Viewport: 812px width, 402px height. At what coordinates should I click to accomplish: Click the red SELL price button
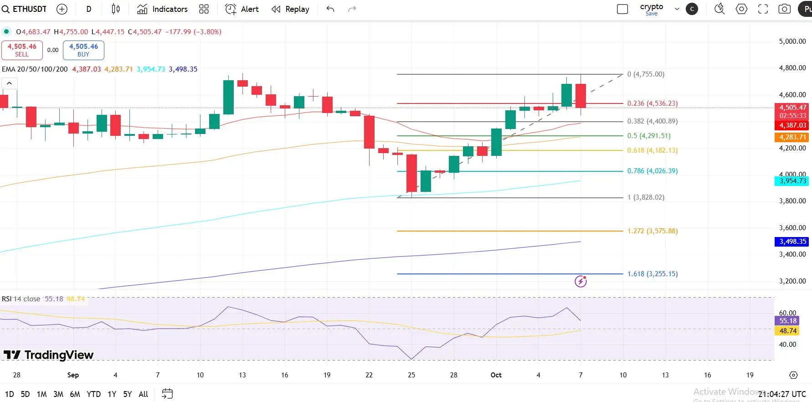pyautogui.click(x=22, y=50)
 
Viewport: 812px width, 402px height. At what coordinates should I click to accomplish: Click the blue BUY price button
pyautogui.click(x=83, y=50)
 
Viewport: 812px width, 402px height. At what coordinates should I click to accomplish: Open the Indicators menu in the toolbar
pyautogui.click(x=162, y=9)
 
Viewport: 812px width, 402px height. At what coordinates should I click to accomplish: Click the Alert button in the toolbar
pyautogui.click(x=242, y=9)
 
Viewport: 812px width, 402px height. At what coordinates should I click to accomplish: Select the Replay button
pyautogui.click(x=290, y=9)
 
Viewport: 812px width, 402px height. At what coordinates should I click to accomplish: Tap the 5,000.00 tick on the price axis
pyautogui.click(x=792, y=41)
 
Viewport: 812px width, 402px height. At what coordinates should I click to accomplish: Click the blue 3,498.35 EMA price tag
pyautogui.click(x=792, y=242)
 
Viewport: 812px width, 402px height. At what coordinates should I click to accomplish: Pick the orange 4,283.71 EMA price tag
pyautogui.click(x=792, y=137)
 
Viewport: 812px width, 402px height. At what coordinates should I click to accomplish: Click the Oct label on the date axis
pyautogui.click(x=496, y=375)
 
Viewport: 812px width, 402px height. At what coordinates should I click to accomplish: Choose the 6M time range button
pyautogui.click(x=75, y=394)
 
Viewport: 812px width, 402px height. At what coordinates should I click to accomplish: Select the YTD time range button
pyautogui.click(x=93, y=394)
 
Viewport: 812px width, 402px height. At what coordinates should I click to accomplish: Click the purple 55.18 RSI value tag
pyautogui.click(x=787, y=321)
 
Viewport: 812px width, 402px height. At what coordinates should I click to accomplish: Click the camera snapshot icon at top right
pyautogui.click(x=784, y=9)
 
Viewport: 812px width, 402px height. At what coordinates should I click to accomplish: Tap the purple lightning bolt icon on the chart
pyautogui.click(x=581, y=281)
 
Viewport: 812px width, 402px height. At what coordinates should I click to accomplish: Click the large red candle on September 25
pyautogui.click(x=411, y=173)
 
